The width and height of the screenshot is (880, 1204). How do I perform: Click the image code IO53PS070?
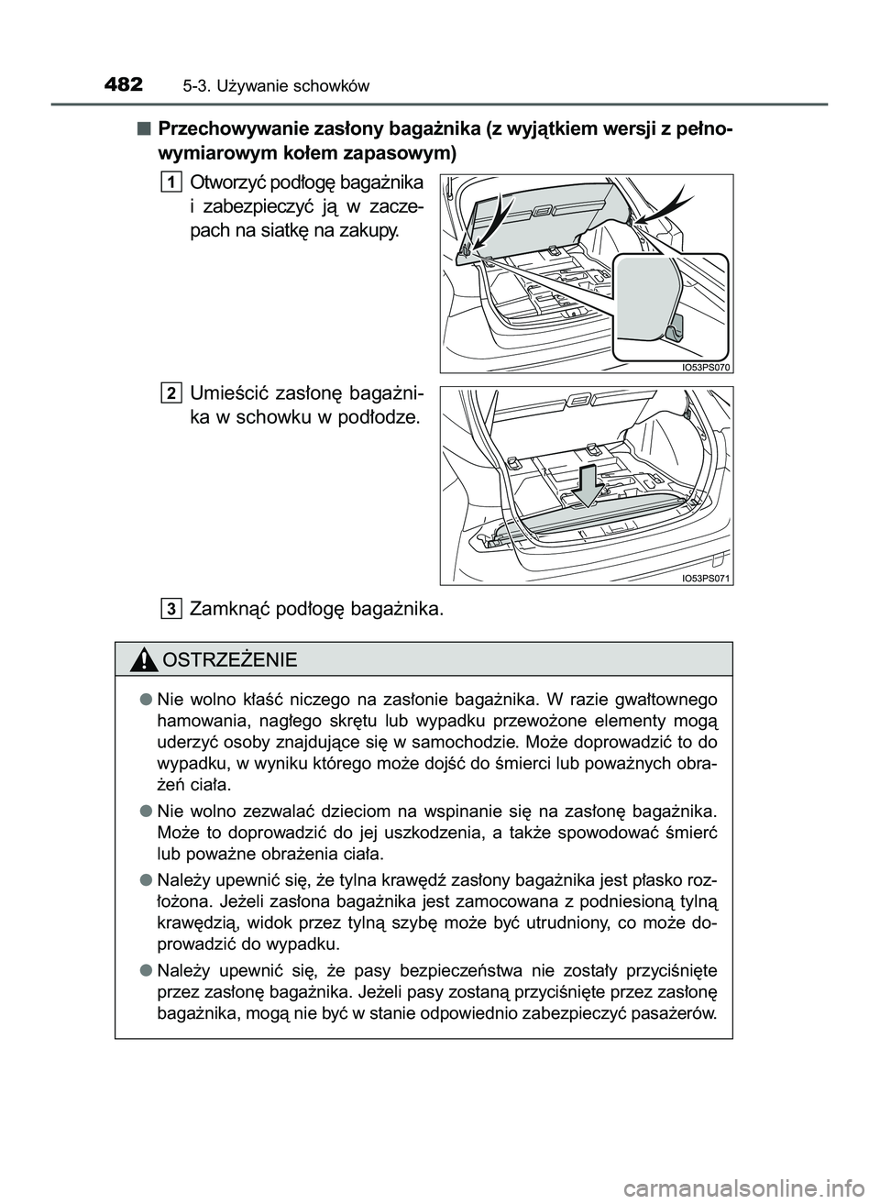[705, 367]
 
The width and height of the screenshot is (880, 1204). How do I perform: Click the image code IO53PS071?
[705, 579]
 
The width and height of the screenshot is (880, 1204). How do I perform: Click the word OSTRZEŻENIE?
[228, 659]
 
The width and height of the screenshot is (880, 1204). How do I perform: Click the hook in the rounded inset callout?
[676, 328]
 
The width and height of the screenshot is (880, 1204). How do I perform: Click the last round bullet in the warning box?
[146, 969]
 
